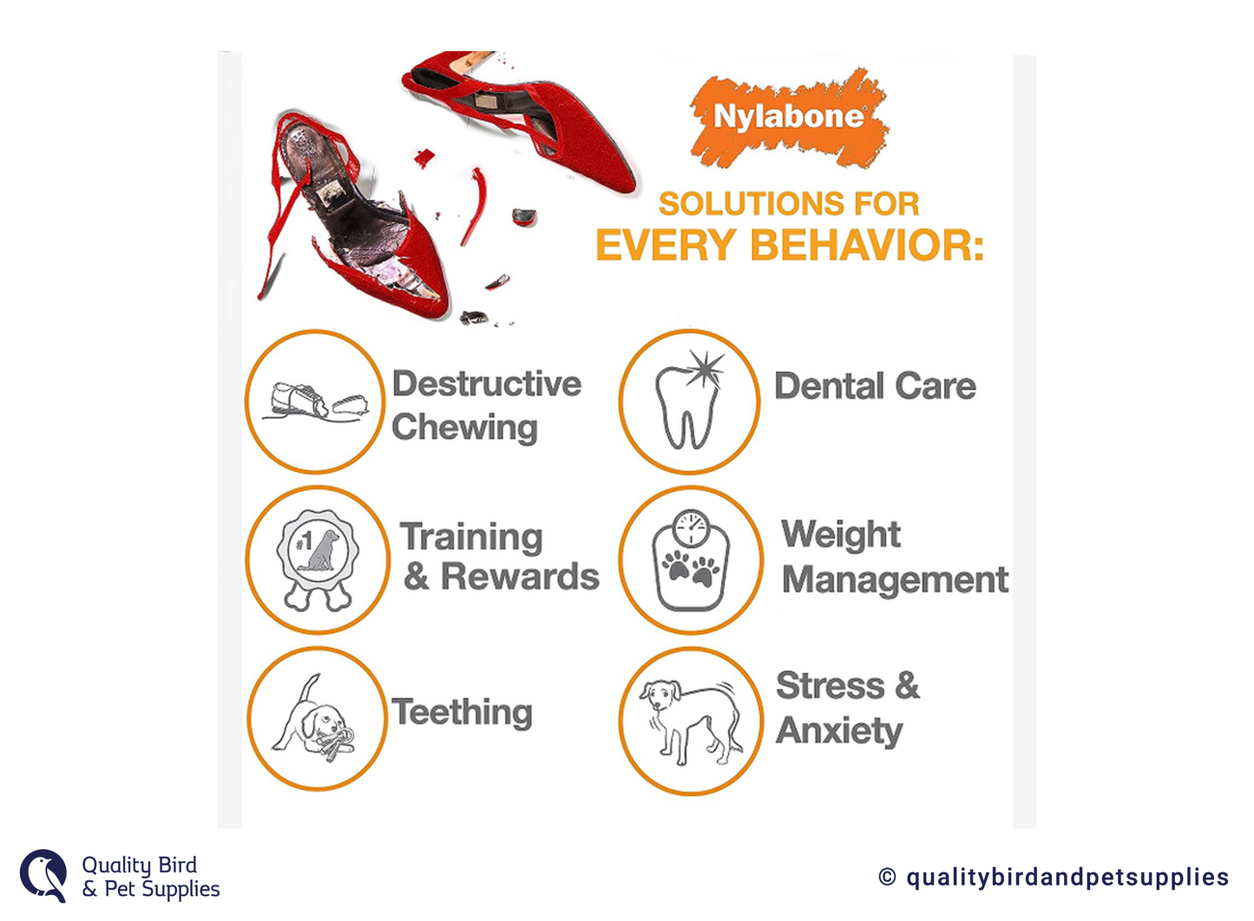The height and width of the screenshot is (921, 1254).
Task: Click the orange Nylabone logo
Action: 790,117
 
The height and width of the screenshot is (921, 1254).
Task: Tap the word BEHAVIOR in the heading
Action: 867,245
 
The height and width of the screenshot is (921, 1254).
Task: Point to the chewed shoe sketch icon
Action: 316,402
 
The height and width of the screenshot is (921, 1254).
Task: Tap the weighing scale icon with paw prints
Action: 691,559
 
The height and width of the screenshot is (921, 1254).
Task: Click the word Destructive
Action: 487,384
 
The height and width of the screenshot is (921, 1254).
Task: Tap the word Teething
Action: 462,712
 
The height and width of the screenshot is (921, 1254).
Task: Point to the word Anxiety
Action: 839,731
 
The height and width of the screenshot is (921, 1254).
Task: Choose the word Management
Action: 895,579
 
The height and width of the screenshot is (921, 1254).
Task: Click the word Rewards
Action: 520,577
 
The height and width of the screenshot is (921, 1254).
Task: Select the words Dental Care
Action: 875,386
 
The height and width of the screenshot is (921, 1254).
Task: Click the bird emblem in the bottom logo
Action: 43,876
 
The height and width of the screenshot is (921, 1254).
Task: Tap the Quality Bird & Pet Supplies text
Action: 151,877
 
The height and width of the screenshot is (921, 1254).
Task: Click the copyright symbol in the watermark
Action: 887,877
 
